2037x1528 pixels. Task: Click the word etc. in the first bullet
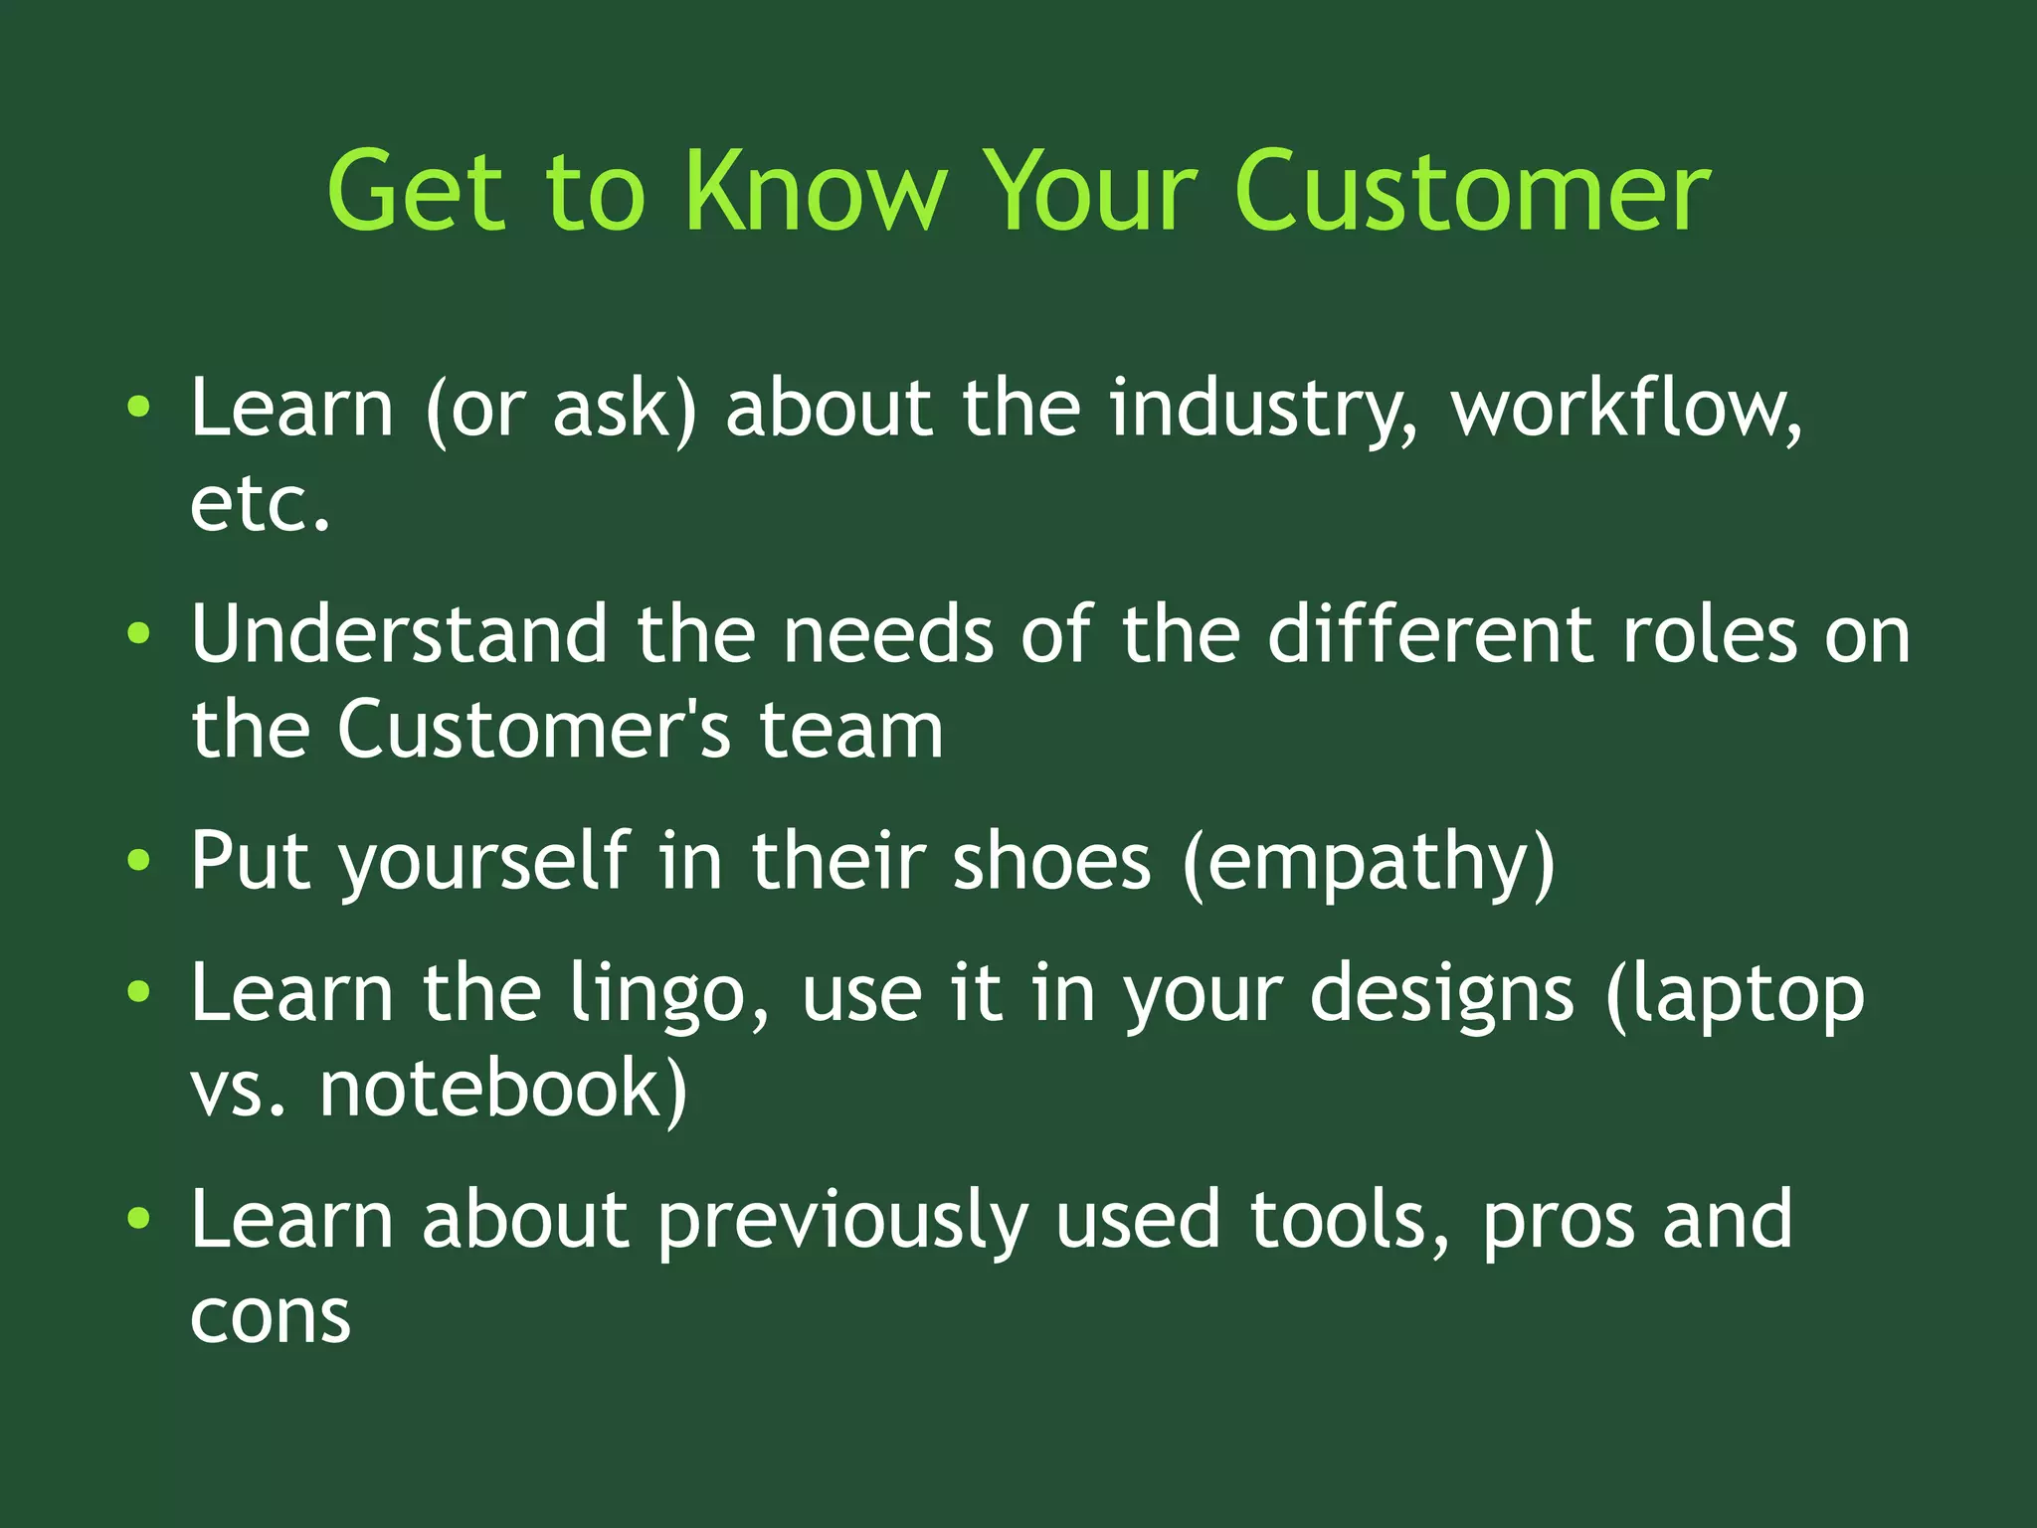click(x=260, y=504)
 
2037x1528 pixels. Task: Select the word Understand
click(x=399, y=634)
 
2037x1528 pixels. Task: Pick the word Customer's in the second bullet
click(x=534, y=729)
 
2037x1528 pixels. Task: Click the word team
click(x=851, y=731)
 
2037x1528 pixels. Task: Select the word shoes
click(x=1051, y=861)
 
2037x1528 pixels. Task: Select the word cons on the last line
click(x=271, y=1317)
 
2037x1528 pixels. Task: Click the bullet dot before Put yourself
click(x=139, y=861)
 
